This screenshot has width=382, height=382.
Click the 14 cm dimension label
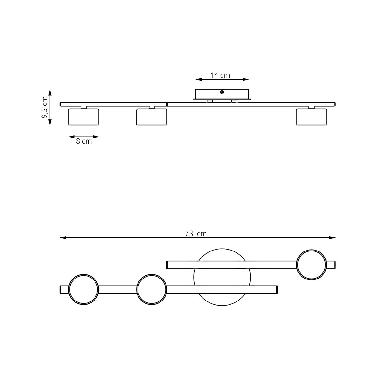coord(220,75)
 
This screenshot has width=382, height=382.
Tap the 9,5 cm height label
coord(45,107)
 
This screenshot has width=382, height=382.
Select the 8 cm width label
coord(84,141)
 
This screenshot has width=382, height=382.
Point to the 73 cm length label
coord(196,234)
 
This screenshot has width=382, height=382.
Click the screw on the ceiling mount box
coord(222,92)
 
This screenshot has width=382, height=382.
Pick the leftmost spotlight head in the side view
coord(83,117)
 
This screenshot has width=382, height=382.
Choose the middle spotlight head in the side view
coord(152,117)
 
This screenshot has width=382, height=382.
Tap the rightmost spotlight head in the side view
coord(311,117)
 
